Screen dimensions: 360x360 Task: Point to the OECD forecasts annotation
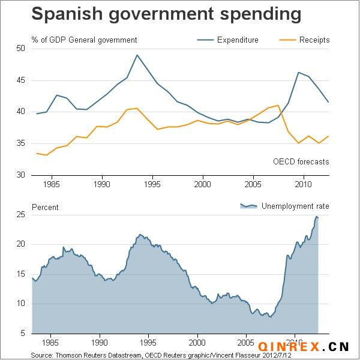point(301,161)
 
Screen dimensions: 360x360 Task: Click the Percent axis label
point(46,207)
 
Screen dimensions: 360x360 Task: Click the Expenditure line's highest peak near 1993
point(137,55)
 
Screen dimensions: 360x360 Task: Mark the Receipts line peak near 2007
point(278,106)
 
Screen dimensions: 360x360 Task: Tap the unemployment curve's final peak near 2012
point(316,217)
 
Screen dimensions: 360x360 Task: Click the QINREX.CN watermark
point(304,347)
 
